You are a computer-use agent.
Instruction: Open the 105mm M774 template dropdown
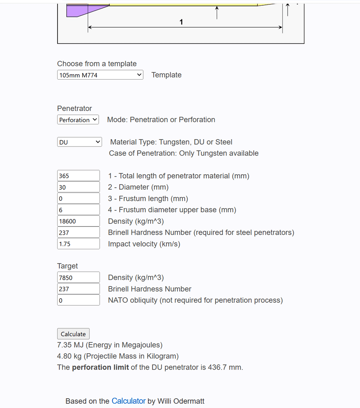(x=100, y=75)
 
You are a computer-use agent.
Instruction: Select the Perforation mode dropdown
(x=78, y=120)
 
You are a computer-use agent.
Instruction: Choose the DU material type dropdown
(x=80, y=142)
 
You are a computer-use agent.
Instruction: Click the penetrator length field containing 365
(x=78, y=176)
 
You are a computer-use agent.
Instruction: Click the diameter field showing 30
(x=78, y=187)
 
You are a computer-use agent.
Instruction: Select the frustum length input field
(x=78, y=199)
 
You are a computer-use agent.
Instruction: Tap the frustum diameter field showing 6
(x=78, y=210)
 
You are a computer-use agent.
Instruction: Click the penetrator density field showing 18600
(x=78, y=221)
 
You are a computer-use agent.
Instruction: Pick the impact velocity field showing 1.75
(x=78, y=244)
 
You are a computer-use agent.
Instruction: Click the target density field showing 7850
(x=78, y=277)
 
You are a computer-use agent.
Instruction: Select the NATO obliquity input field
(x=78, y=300)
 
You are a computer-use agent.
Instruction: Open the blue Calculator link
(x=129, y=401)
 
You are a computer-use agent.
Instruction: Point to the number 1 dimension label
(x=181, y=22)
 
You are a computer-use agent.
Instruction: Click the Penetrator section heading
(x=75, y=109)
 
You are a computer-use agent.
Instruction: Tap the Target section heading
(x=67, y=266)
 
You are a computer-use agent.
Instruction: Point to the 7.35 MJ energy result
(x=70, y=345)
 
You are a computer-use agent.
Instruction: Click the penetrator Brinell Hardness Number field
(x=78, y=233)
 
